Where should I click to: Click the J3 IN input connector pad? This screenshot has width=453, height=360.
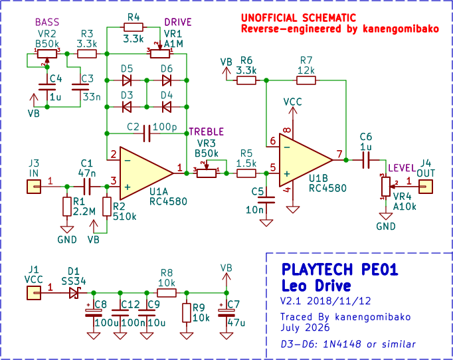34,187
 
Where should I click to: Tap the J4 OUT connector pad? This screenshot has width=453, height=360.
426,187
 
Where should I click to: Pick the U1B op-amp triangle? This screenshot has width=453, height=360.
306,160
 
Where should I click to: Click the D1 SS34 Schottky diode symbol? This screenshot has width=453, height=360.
74,293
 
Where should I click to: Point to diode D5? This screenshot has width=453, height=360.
127,80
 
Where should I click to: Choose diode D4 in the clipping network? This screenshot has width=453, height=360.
167,107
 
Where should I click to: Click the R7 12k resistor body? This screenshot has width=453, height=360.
306,80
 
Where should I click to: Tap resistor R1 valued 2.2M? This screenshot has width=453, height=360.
67,207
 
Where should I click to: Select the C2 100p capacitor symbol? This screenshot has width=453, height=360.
147,134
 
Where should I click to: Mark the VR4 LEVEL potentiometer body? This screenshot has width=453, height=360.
386,187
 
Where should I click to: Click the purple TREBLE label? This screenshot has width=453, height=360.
207,132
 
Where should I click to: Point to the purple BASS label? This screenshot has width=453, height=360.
47,22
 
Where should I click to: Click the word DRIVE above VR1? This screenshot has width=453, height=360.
178,22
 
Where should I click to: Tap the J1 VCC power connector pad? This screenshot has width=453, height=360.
34,293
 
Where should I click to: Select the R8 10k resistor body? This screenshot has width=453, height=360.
167,293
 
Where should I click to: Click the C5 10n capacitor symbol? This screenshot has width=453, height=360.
266,200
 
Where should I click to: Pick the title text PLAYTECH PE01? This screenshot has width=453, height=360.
340,269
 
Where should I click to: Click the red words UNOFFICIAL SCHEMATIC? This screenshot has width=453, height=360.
298,18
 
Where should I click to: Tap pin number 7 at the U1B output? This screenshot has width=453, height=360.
339,154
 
